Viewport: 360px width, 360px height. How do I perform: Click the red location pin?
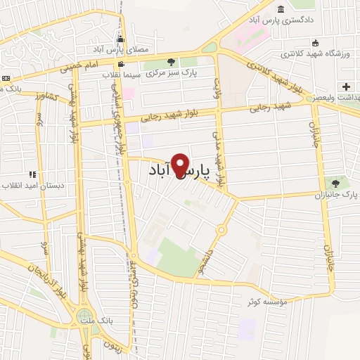(x=182, y=165)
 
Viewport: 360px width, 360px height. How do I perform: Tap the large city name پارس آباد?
(x=181, y=172)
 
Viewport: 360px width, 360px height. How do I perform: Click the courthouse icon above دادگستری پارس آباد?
(x=281, y=9)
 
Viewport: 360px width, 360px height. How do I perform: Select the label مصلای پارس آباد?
(x=115, y=50)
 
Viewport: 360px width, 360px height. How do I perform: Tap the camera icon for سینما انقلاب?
(x=122, y=65)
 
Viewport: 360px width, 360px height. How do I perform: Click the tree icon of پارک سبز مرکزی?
(x=187, y=62)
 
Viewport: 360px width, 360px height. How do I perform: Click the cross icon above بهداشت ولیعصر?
(x=345, y=86)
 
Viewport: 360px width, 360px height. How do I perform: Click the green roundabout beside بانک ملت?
(x=85, y=316)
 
